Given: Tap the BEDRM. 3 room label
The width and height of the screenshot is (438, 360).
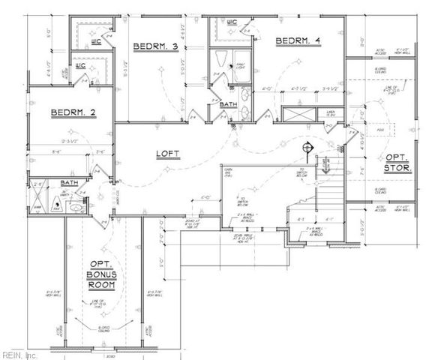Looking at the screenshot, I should click(x=154, y=47).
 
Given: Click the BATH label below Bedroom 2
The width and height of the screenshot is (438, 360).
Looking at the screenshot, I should click(x=69, y=182).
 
